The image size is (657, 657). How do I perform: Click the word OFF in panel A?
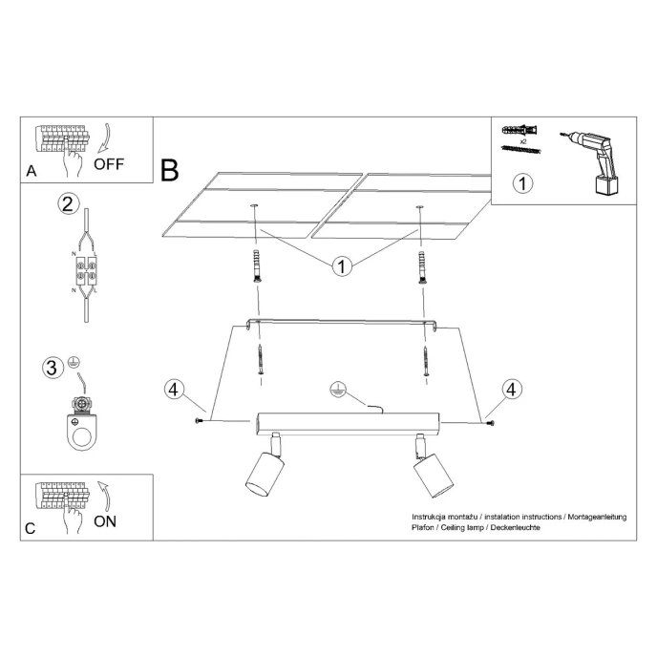coord(108,163)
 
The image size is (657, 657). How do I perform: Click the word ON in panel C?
coord(106,521)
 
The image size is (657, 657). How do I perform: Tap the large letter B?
coord(170,171)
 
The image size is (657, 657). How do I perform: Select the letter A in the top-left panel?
coord(32,172)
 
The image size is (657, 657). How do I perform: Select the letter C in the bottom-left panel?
coord(32,529)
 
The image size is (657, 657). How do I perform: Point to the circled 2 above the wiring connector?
coord(66,203)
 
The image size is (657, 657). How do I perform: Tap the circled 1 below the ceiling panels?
coord(341,265)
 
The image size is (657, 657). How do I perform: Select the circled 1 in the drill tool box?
coord(521,183)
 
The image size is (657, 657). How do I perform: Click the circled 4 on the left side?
coord(173,389)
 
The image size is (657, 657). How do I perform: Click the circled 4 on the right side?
coord(513,389)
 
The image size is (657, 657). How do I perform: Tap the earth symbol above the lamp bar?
coord(336,390)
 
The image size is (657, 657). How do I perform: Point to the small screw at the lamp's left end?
coord(201,421)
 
